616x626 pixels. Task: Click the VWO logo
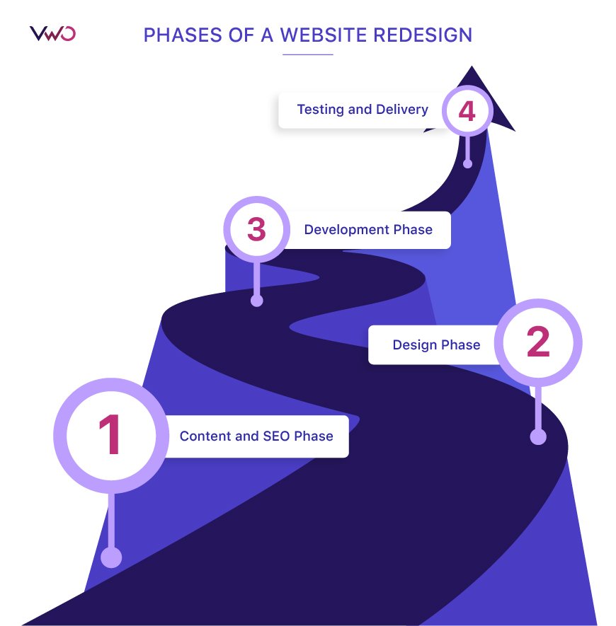click(x=52, y=33)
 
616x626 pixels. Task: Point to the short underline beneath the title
click(x=307, y=54)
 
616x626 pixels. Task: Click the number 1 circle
click(x=109, y=434)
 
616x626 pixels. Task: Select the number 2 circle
click(x=537, y=343)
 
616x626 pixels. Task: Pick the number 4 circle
click(x=467, y=111)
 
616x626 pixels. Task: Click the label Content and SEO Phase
click(x=256, y=436)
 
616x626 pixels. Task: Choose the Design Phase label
click(x=436, y=345)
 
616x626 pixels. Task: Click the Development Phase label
click(x=367, y=230)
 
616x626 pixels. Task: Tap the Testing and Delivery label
click(x=362, y=110)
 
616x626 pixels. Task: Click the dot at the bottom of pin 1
click(x=111, y=557)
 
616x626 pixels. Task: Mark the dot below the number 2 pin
click(x=538, y=436)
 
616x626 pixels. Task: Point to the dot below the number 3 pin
click(x=257, y=301)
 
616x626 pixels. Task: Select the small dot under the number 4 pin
click(x=467, y=163)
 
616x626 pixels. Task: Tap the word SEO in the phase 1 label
click(x=277, y=436)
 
